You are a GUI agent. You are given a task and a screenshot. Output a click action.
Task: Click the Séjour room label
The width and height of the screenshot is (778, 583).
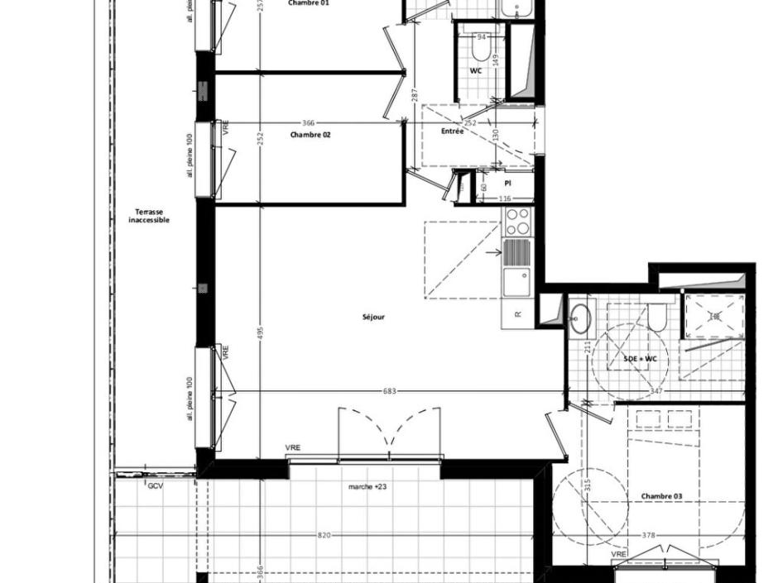tap(373, 317)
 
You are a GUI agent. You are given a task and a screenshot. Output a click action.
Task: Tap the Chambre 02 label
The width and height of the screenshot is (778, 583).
tap(310, 134)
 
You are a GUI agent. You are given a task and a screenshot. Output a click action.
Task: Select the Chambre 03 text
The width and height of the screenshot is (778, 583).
tap(661, 496)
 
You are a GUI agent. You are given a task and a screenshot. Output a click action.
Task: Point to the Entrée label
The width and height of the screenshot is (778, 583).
tap(452, 131)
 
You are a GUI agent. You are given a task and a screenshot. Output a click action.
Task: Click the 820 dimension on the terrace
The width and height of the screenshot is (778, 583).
tap(324, 536)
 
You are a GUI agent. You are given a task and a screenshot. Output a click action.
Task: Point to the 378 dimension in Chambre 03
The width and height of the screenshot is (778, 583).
tap(649, 536)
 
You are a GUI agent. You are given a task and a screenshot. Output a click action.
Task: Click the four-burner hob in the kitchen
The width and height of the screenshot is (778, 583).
tap(518, 221)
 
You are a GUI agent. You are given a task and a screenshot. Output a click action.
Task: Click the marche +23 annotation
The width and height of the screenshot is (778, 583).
tap(367, 487)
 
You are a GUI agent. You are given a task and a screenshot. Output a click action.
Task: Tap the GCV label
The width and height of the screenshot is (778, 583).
tap(155, 486)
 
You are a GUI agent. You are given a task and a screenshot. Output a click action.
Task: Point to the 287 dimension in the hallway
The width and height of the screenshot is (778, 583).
tap(414, 96)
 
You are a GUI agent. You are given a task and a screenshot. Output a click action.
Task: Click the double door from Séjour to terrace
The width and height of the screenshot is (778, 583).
tap(388, 434)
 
